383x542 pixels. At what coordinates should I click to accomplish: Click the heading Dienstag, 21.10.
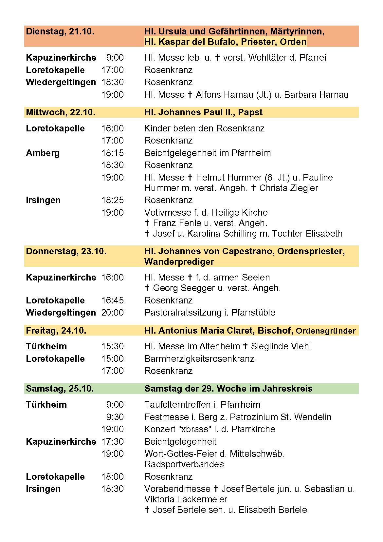click(60, 31)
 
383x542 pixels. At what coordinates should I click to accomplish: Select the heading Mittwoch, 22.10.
click(61, 112)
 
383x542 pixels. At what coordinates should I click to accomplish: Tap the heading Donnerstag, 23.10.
click(66, 251)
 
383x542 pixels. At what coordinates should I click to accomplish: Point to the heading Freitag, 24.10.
click(56, 331)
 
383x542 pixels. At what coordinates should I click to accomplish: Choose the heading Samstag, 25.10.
click(60, 389)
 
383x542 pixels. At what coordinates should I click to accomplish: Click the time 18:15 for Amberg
click(113, 153)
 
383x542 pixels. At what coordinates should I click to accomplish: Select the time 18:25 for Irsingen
click(113, 200)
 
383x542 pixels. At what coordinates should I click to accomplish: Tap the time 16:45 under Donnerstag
click(113, 300)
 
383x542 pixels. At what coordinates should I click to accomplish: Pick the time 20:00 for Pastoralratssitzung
click(113, 313)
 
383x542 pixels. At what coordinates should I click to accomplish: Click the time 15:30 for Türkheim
click(113, 346)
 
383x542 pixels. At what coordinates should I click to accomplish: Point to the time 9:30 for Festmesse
click(115, 417)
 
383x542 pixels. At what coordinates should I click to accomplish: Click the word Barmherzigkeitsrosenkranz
click(199, 359)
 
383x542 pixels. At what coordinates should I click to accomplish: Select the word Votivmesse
click(165, 213)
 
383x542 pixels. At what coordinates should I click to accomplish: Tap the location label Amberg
click(43, 153)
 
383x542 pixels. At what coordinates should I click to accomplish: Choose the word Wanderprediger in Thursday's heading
click(179, 262)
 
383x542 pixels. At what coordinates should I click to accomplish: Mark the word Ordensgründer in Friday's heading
click(325, 331)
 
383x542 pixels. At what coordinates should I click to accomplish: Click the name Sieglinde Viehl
click(281, 346)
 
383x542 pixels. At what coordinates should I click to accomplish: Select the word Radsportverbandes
click(184, 464)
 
